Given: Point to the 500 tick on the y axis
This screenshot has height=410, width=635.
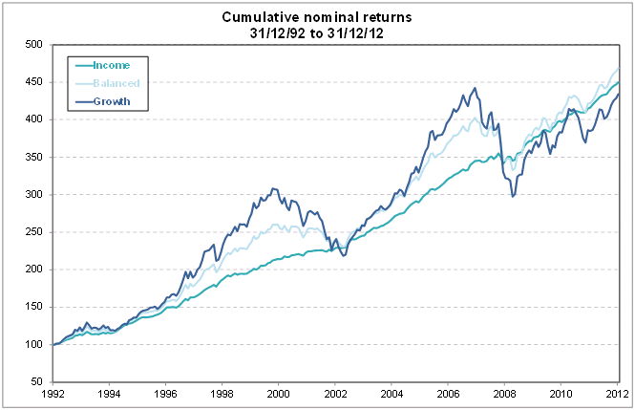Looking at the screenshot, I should tap(34, 44).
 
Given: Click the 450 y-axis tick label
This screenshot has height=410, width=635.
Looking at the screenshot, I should tap(34, 82).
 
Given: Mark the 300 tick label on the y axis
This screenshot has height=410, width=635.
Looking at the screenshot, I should tap(34, 195).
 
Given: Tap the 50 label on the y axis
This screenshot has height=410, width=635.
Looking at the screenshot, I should tap(37, 382).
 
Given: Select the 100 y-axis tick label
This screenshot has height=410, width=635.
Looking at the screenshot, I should tap(34, 345).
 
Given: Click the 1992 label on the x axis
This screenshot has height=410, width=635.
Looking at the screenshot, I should tap(53, 393).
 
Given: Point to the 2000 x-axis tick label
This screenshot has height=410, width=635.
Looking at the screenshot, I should tap(279, 393).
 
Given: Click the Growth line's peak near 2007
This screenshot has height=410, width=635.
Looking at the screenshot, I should tap(476, 88).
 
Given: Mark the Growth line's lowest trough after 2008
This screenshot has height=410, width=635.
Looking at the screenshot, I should tap(513, 197).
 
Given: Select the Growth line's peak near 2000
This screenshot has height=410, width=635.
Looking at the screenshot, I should tap(274, 188).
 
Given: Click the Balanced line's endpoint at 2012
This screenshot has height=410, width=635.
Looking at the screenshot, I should tap(619, 69).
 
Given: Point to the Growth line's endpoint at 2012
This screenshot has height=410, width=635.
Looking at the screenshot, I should tap(619, 94).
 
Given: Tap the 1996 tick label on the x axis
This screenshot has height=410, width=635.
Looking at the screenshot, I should tap(166, 393).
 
